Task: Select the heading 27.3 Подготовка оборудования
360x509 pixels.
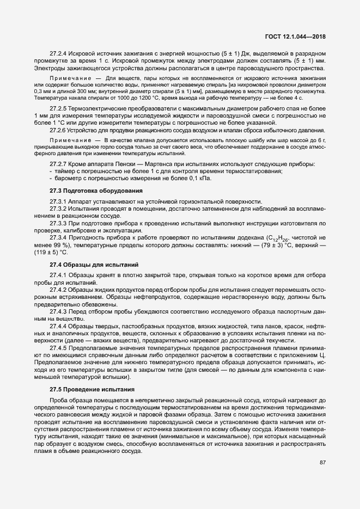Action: pos(96,191)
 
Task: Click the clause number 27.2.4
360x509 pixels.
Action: pos(58,54)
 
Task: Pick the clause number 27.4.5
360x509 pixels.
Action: pos(58,347)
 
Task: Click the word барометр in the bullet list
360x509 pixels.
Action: pos(66,179)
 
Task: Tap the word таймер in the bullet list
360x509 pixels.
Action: pos(63,171)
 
